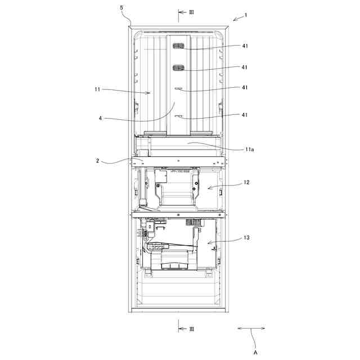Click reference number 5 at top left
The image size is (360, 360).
[121, 7]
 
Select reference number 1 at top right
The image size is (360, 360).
[246, 15]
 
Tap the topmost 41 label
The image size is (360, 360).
[245, 46]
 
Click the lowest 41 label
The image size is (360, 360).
[245, 115]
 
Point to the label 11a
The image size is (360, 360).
[249, 150]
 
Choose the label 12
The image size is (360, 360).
[246, 182]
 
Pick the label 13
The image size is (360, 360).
[246, 237]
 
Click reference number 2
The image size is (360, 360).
[97, 161]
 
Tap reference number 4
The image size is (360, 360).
[100, 119]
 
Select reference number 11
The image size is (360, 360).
[97, 89]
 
